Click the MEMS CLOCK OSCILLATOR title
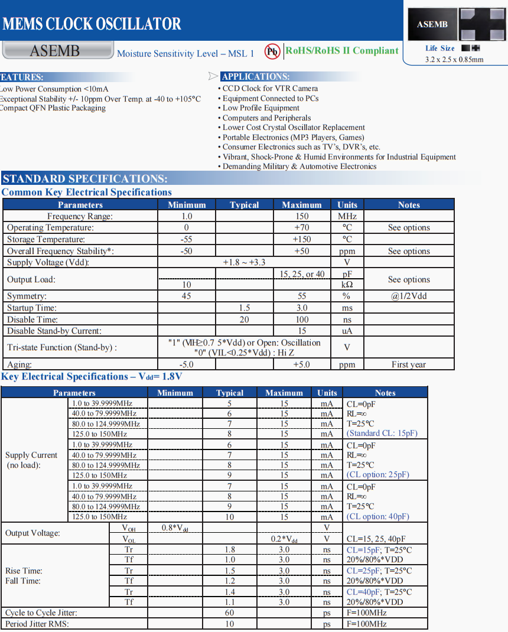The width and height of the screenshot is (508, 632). [x=92, y=24]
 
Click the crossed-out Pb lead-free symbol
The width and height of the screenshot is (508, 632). [x=272, y=52]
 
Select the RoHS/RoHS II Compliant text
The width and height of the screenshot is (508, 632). [x=342, y=51]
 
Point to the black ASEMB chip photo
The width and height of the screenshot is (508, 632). [x=432, y=24]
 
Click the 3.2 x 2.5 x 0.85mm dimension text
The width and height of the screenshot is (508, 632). [x=454, y=59]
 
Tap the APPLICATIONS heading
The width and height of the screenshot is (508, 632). [x=255, y=77]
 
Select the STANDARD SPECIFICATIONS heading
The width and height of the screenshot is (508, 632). [x=85, y=179]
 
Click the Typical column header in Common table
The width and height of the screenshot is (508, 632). [x=245, y=205]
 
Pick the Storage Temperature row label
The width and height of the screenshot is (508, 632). [x=46, y=239]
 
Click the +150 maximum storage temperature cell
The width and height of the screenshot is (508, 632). [x=301, y=239]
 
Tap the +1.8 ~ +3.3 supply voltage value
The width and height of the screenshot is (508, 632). [x=244, y=262]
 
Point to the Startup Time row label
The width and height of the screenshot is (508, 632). [x=32, y=308]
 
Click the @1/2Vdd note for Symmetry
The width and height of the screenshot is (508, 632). [x=409, y=296]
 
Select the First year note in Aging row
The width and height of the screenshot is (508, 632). [x=409, y=364]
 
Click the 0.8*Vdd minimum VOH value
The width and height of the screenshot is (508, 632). [x=175, y=527]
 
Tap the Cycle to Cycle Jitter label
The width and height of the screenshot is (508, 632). [x=41, y=613]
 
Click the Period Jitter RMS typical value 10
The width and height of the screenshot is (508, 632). [x=230, y=624]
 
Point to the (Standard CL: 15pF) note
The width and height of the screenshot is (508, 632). [x=382, y=433]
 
